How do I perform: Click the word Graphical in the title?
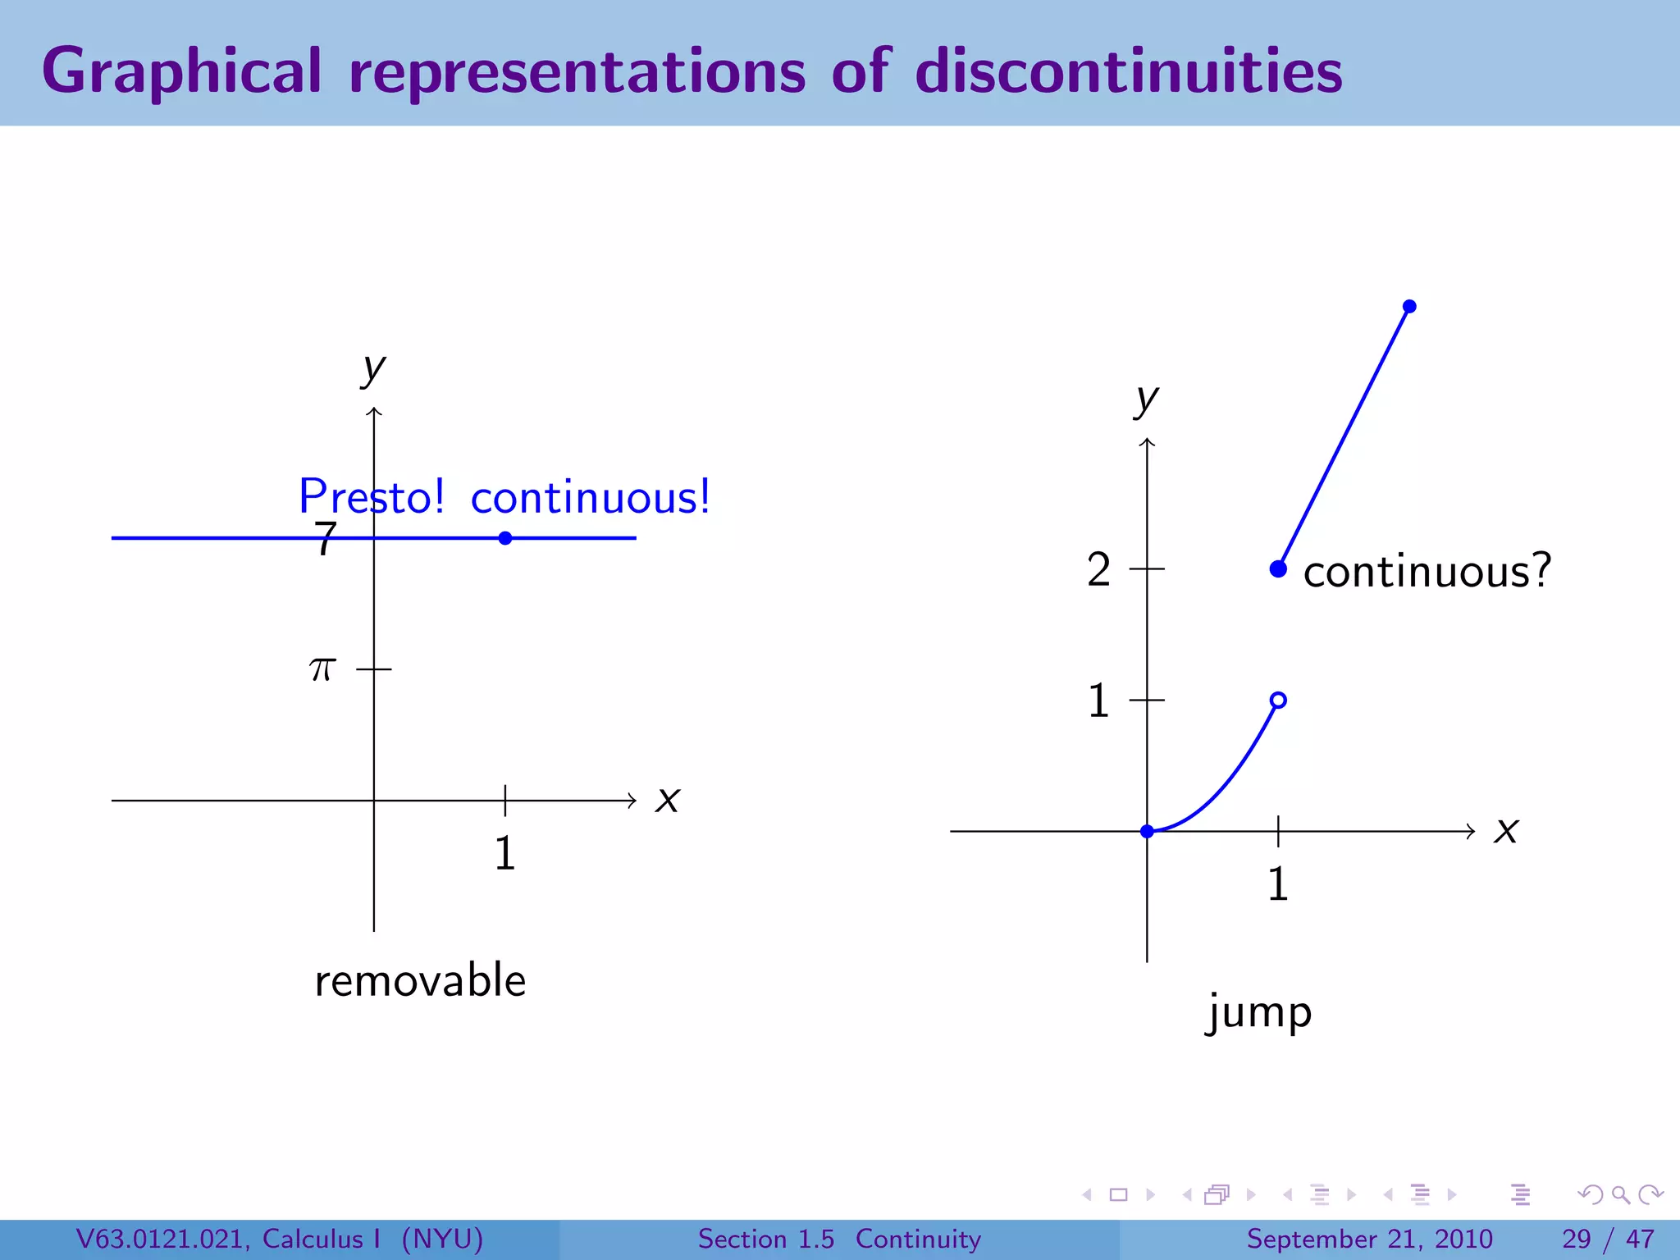[181, 72]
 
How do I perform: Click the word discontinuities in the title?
[1129, 71]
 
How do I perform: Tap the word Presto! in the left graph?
[372, 496]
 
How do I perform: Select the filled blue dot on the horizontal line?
[505, 538]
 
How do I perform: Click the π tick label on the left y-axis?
[322, 669]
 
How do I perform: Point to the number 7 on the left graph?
[326, 539]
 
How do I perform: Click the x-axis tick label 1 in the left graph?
[504, 853]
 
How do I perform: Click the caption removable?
[420, 980]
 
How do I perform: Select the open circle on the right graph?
[1278, 700]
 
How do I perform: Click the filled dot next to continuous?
[1278, 568]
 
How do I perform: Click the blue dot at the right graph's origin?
[1147, 831]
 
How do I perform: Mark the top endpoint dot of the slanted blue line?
[1409, 307]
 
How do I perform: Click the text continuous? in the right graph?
[1427, 571]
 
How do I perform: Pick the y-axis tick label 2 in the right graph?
[1098, 569]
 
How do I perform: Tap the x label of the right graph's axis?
[1506, 830]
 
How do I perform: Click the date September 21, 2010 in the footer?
[1369, 1239]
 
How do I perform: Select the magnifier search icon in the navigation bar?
[1620, 1194]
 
